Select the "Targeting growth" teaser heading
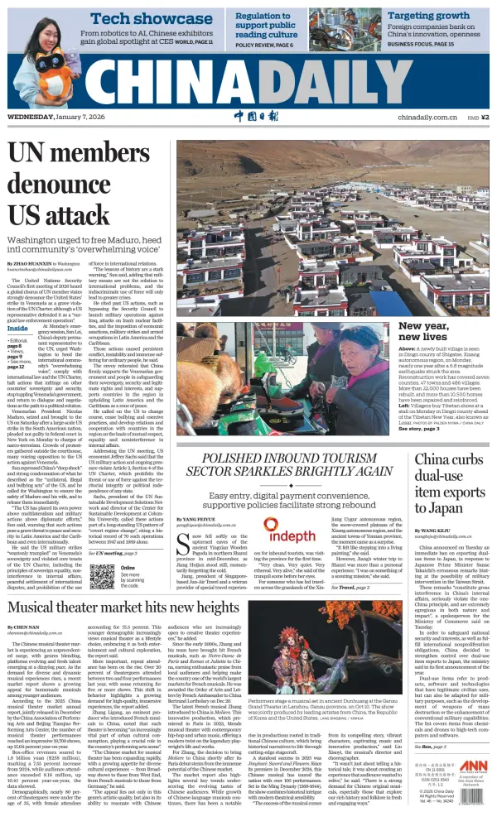tap(429, 16)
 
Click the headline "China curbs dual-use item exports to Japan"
tap(452, 483)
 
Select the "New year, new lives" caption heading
tap(447, 331)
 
